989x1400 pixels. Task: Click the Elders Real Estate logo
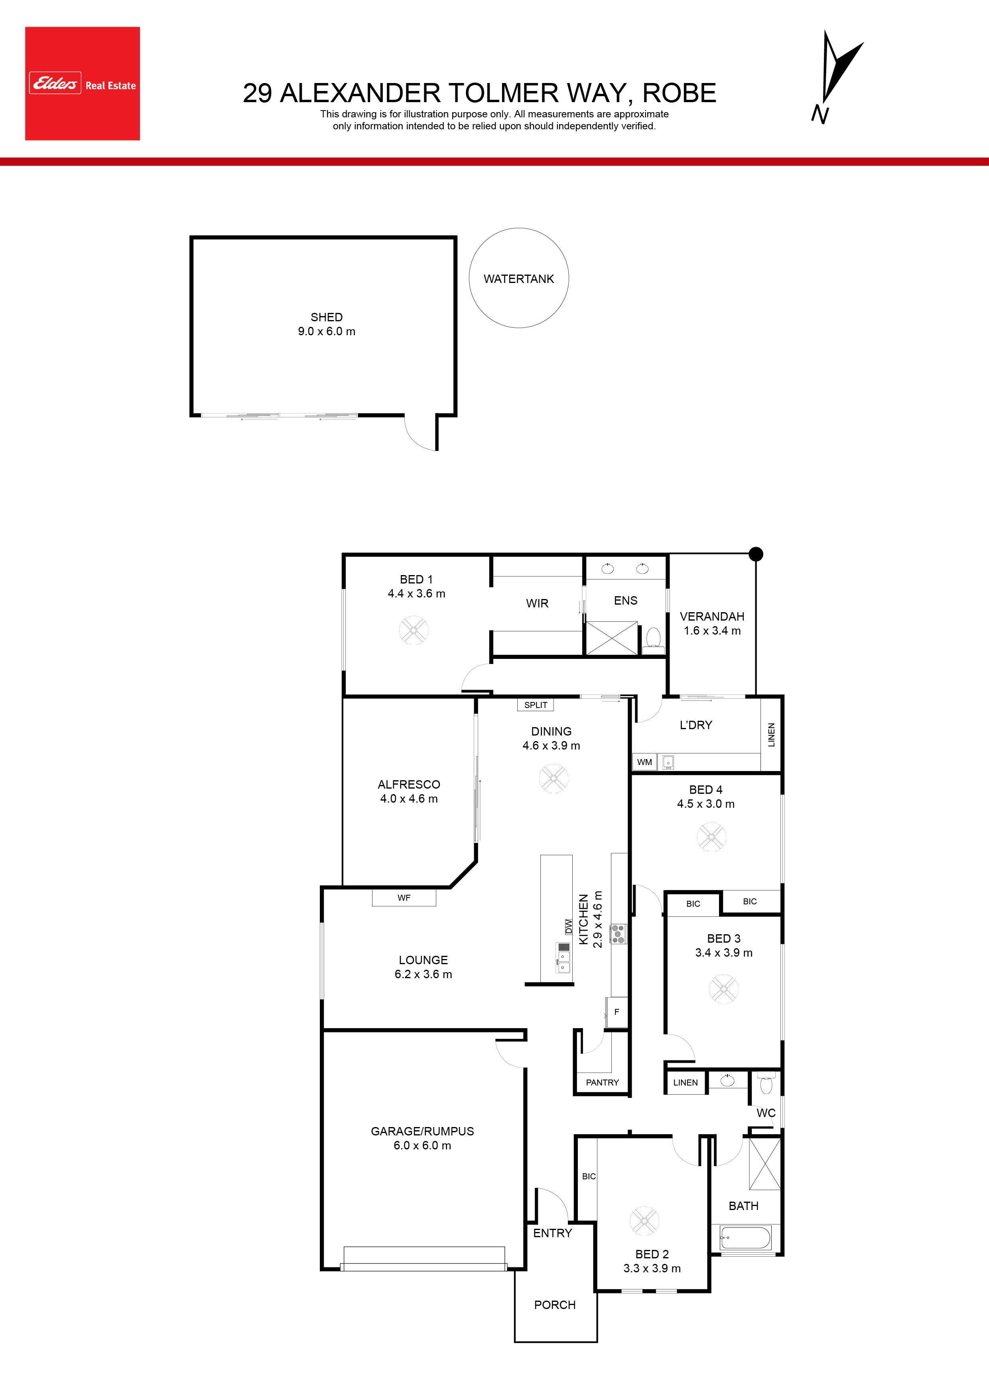82,83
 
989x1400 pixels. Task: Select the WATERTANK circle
518,278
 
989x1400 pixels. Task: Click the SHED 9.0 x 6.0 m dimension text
327,332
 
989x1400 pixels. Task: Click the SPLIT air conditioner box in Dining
536,705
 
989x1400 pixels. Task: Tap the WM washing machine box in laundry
645,761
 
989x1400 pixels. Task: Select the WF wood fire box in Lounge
404,898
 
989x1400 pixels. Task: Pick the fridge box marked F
616,1012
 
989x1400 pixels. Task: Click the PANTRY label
602,1082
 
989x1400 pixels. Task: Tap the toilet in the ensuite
653,638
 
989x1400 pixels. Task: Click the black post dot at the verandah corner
756,554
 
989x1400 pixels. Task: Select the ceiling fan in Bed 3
724,989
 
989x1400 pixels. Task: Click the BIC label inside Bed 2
589,1176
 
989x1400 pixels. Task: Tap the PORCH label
555,1305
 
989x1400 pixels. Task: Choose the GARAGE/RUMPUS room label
422,1131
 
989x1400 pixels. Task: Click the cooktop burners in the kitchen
618,933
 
